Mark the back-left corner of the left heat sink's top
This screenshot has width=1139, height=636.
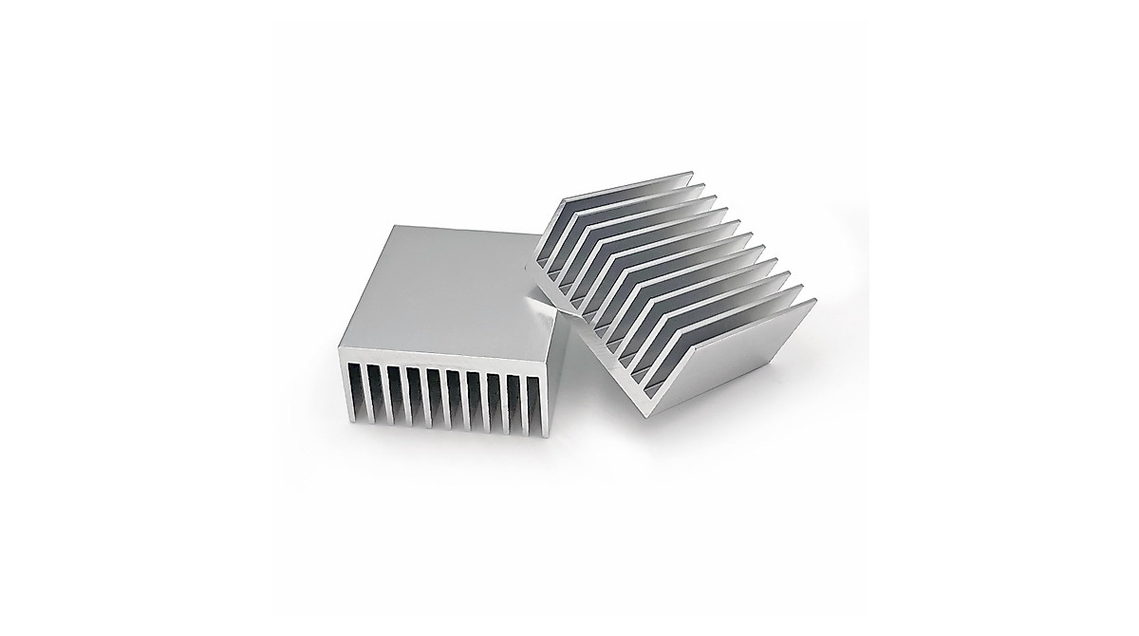[x=391, y=227]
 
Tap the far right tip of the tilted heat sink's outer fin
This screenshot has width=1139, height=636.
[x=814, y=302]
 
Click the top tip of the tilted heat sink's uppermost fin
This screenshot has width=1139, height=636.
[x=694, y=173]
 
